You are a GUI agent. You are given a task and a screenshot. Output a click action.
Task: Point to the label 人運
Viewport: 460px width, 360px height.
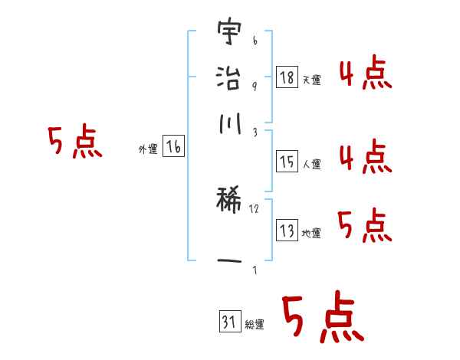coord(311,164)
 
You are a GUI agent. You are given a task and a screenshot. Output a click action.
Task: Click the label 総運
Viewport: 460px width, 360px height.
coord(254,325)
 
